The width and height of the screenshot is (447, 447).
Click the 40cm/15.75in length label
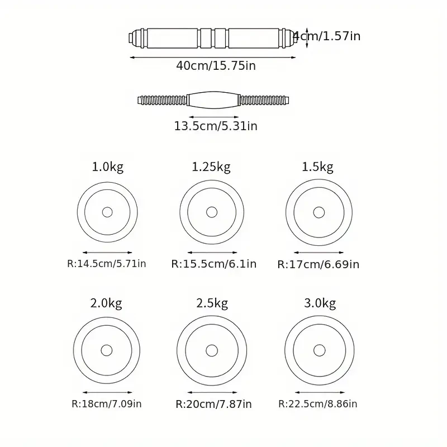216,65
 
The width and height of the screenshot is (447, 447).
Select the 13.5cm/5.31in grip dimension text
216,126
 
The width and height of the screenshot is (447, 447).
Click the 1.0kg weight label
107,167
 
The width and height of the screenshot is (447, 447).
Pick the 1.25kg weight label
211,167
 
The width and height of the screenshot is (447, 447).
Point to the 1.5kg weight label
317,167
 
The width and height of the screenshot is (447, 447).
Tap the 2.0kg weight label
106,303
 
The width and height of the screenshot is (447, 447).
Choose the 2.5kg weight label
212,303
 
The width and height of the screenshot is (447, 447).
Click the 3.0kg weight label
320,303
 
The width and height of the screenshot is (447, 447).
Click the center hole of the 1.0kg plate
107,212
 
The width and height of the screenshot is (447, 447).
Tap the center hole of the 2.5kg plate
212,350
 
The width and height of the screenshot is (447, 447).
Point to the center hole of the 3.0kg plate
319,350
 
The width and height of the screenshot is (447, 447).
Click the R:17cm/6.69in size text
318,264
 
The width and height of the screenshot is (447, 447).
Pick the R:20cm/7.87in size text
213,403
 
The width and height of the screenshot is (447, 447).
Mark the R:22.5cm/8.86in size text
318,403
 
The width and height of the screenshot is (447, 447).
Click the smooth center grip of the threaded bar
213,101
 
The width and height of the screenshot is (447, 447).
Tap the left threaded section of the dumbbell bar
163,101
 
